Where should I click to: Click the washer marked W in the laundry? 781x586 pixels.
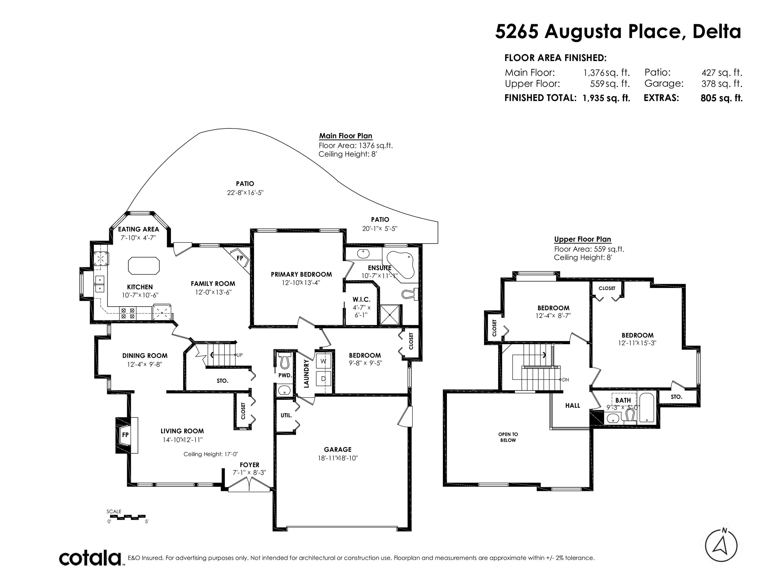point(323,361)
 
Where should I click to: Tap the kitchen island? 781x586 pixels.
point(144,266)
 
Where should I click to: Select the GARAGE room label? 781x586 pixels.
point(338,449)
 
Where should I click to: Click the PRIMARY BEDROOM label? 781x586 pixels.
point(301,274)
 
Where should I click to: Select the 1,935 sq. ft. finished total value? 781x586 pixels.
point(606,98)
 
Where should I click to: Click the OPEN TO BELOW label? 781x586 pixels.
point(508,437)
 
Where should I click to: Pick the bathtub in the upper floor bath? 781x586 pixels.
point(647,407)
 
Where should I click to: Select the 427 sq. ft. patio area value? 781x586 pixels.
point(722,73)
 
